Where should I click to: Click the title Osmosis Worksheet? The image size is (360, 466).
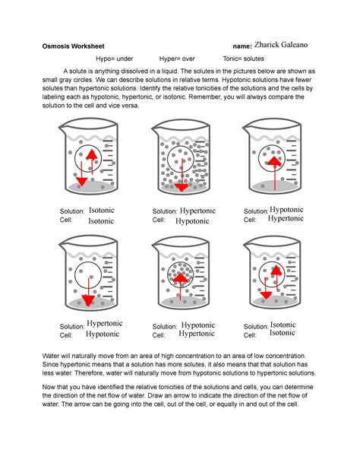(x=73, y=46)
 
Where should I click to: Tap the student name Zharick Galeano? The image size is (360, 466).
(x=281, y=45)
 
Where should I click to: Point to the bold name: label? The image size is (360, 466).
(x=242, y=46)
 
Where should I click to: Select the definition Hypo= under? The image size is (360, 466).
(x=115, y=59)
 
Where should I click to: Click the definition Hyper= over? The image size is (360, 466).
(x=177, y=59)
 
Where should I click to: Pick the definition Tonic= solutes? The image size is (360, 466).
(x=244, y=59)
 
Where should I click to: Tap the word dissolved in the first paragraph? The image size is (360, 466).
(x=134, y=71)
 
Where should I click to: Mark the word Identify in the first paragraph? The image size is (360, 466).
(x=151, y=88)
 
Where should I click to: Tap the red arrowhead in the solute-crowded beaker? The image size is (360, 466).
(x=182, y=187)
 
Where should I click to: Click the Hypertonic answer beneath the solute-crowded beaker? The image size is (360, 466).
(x=197, y=211)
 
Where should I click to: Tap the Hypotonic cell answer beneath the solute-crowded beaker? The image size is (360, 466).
(x=192, y=221)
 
